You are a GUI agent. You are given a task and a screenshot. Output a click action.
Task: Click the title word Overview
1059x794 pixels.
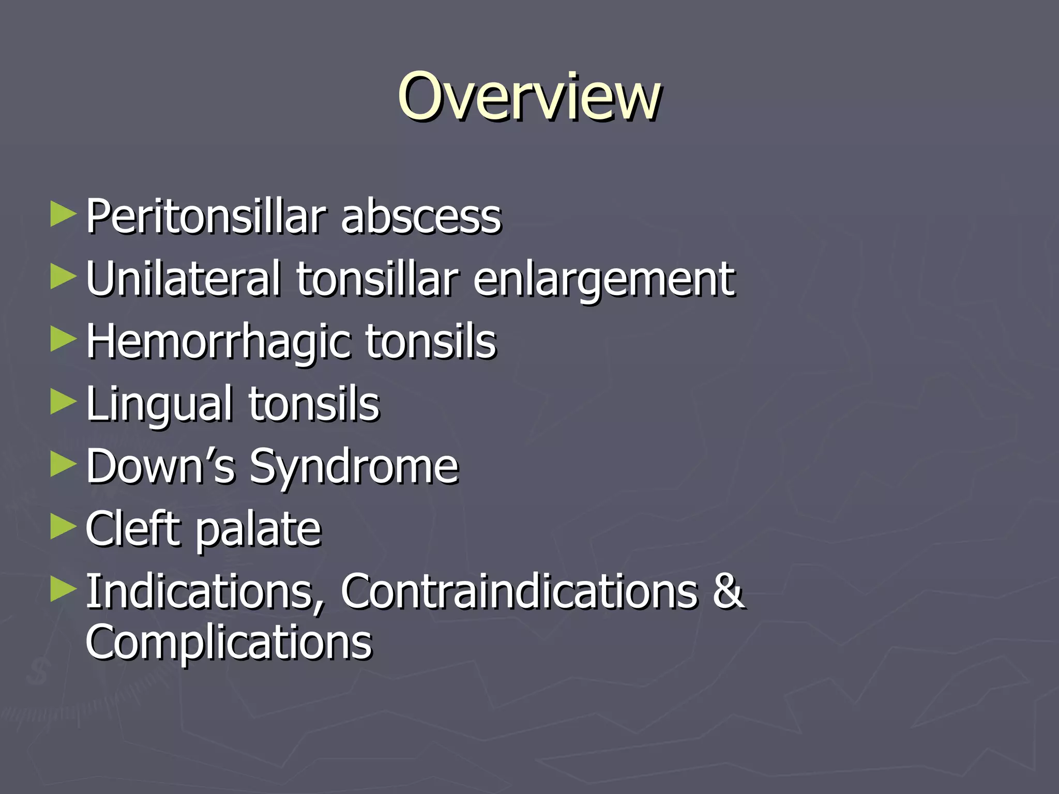528,97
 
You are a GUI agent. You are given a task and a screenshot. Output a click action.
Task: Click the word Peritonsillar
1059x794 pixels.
206,217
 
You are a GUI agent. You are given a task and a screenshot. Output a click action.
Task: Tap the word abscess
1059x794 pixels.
421,218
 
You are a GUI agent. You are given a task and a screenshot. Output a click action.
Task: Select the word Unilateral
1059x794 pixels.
183,279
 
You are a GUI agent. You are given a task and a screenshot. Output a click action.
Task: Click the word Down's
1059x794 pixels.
160,466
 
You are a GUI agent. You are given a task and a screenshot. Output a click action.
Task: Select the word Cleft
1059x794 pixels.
131,528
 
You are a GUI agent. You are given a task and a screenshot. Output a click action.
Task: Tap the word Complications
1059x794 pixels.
229,643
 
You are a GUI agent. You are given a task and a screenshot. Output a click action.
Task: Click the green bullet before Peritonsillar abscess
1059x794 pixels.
63,215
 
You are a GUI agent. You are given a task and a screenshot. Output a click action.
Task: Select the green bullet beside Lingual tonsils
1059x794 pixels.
63,402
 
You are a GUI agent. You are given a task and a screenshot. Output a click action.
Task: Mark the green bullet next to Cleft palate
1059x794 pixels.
63,527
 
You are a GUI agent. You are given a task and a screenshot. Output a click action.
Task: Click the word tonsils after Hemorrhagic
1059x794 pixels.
431,342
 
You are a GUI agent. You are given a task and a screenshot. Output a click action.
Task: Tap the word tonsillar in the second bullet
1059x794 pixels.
377,279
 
